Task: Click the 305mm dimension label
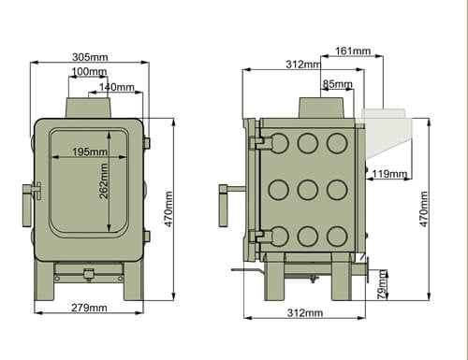click(x=89, y=57)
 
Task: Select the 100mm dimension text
click(x=88, y=72)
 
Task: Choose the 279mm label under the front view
click(x=88, y=308)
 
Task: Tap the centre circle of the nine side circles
click(x=306, y=190)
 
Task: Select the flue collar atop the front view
click(x=89, y=107)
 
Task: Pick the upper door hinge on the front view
click(x=147, y=142)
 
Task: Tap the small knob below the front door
click(x=89, y=274)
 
